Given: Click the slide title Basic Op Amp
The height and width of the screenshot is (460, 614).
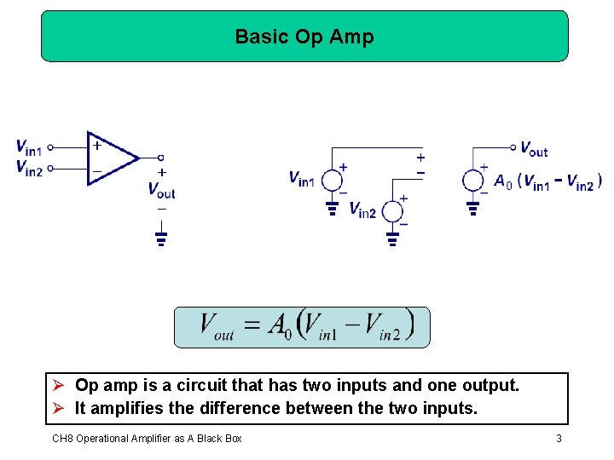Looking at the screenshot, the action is coord(304,37).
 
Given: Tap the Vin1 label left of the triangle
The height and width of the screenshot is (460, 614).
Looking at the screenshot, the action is coord(28,147).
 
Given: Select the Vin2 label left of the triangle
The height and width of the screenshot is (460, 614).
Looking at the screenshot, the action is coord(28,168).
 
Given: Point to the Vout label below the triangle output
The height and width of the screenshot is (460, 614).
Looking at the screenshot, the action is coord(161,190).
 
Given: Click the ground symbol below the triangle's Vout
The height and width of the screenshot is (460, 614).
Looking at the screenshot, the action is coord(161,236).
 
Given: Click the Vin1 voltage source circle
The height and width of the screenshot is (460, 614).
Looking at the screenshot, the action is coord(332,180).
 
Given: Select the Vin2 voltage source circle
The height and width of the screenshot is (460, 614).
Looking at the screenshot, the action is coord(392,210).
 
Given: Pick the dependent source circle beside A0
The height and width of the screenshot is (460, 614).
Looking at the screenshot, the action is coord(473,181).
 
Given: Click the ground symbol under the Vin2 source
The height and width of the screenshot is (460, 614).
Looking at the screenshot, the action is coord(392,239).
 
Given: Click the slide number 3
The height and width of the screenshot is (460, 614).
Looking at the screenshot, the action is coord(559,439).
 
